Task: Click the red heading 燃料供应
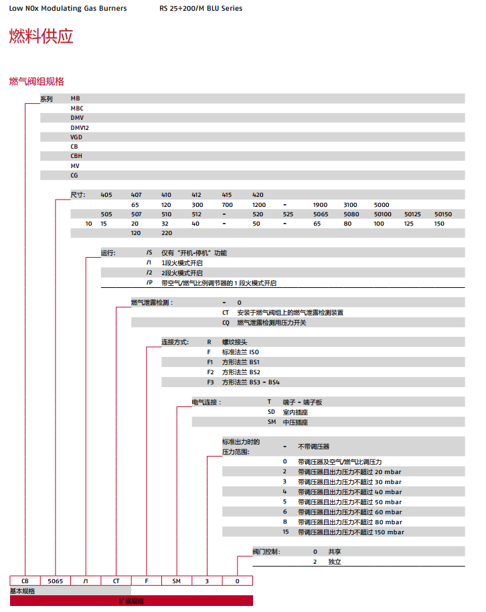(x=41, y=37)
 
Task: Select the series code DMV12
(x=80, y=127)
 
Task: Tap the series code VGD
(x=76, y=137)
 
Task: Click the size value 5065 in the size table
(x=323, y=214)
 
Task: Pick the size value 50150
(x=443, y=214)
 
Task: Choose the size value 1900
(x=320, y=204)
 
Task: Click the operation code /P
(x=149, y=283)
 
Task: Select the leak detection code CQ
(x=226, y=323)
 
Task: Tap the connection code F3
(x=211, y=382)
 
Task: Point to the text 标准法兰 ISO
(x=240, y=352)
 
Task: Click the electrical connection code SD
(x=272, y=412)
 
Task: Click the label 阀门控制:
(x=266, y=552)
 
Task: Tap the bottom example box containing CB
(x=25, y=581)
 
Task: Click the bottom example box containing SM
(x=177, y=581)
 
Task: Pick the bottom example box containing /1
(x=86, y=581)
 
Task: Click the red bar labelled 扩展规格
(x=131, y=601)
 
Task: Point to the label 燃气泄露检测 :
(x=151, y=303)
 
